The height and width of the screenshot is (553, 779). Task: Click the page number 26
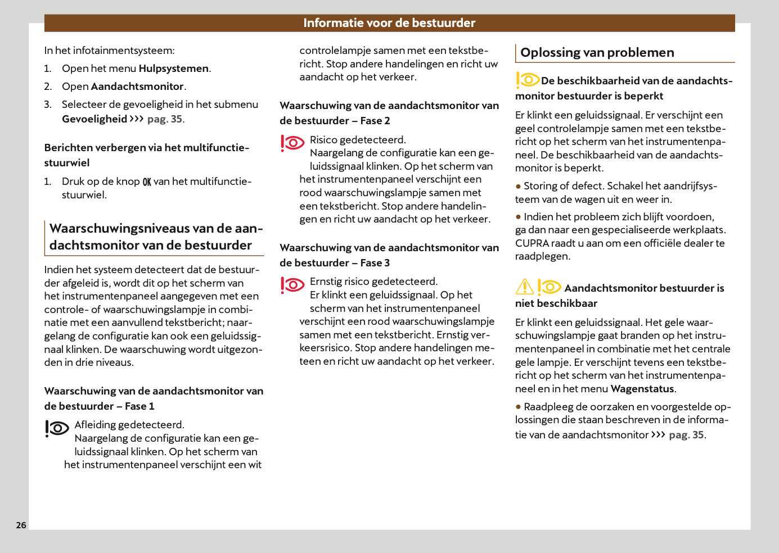point(21,525)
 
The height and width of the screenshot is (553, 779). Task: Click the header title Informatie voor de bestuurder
point(389,23)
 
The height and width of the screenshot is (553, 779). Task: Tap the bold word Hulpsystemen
point(174,69)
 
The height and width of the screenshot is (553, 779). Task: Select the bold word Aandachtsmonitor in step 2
point(137,87)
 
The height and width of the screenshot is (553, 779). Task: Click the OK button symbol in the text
point(147,182)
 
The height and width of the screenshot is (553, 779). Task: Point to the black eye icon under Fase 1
point(57,428)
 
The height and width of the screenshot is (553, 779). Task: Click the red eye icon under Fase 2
point(292,143)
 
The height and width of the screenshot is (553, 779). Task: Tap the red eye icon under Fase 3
point(292,285)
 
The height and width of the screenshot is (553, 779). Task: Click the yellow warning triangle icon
point(525,287)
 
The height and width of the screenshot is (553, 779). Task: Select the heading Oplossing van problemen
point(597,53)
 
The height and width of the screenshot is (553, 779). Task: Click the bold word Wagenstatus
point(642,389)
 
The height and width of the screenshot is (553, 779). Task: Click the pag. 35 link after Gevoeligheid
point(165,119)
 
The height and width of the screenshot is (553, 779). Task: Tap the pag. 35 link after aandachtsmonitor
point(686,435)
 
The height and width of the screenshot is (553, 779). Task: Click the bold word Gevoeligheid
point(94,119)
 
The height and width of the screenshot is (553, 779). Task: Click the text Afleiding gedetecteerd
point(129,425)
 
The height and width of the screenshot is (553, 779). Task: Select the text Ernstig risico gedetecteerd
point(373,282)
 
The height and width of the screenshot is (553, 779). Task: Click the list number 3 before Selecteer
point(48,105)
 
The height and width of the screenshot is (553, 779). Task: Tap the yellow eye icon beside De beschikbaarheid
point(528,80)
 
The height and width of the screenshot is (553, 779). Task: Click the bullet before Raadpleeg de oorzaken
point(518,406)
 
